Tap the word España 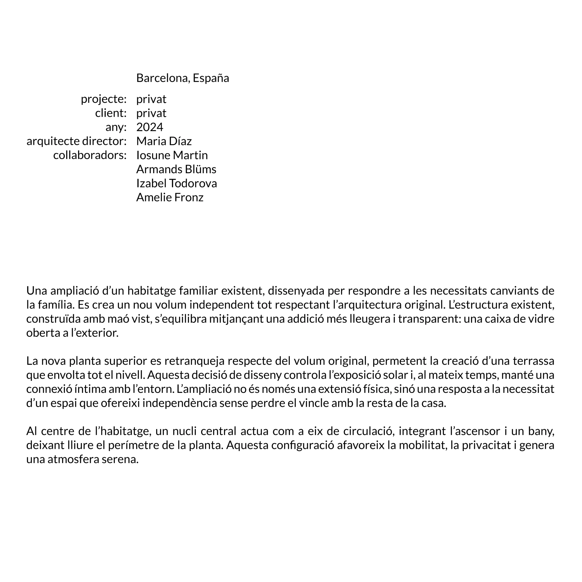(x=211, y=78)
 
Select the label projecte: (x=104, y=99)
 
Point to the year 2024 (x=150, y=127)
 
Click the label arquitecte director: (x=77, y=141)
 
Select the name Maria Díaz (x=164, y=141)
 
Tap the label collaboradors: (x=90, y=155)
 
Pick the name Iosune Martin (x=172, y=155)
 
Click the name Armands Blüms (x=176, y=169)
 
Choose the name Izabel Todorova (x=176, y=183)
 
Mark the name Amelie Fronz (x=170, y=197)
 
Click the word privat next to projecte (x=151, y=99)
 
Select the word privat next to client (x=151, y=113)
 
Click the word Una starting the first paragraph (x=37, y=291)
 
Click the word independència (x=180, y=403)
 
